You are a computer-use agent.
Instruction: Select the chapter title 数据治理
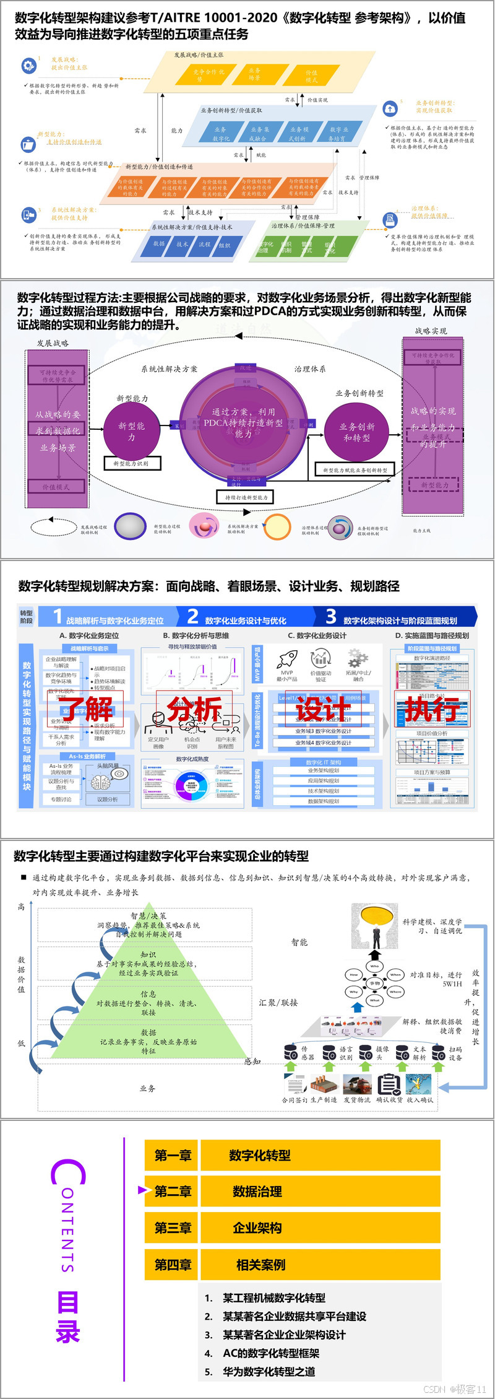257,1192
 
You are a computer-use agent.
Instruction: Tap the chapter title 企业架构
257,1228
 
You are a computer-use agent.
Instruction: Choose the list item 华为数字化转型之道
269,1372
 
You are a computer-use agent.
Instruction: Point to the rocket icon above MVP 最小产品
287,658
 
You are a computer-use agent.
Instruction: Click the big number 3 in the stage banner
331,616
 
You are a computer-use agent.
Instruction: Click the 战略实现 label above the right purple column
431,331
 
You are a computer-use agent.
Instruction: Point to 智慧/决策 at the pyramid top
148,915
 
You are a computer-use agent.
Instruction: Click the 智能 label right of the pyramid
299,942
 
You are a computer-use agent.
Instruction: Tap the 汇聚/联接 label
278,1002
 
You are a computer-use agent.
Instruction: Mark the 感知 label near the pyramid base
252,1061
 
